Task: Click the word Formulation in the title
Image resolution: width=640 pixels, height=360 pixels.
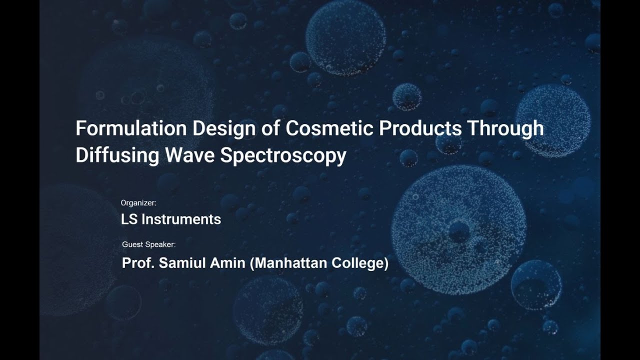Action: click(131, 128)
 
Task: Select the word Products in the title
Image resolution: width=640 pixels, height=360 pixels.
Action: click(420, 128)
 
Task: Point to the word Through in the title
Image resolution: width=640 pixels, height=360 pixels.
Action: click(505, 128)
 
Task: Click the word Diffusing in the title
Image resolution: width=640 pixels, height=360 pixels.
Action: click(117, 155)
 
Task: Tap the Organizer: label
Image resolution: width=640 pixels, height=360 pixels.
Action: click(138, 203)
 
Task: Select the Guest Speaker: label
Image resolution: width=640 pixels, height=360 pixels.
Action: click(149, 244)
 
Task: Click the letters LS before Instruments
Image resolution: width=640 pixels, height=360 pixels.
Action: click(129, 219)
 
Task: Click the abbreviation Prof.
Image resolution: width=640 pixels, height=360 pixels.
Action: click(138, 263)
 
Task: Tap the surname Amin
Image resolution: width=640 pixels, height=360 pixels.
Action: click(228, 263)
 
